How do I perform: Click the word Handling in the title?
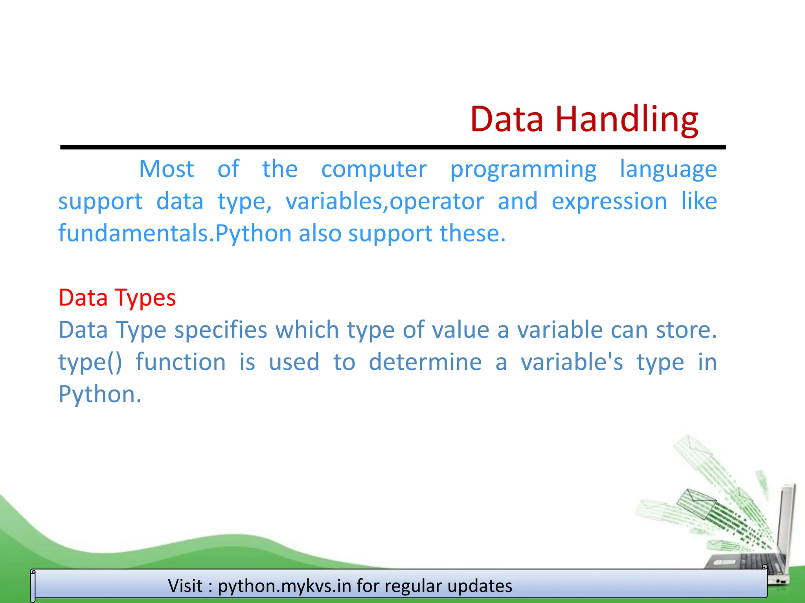[x=627, y=119]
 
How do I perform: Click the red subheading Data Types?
[x=117, y=298]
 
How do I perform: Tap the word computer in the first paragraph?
[x=374, y=169]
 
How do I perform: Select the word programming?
[x=523, y=170]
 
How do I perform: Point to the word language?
[x=668, y=170]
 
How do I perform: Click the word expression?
[x=609, y=202]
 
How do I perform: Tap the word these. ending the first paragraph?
[x=472, y=233]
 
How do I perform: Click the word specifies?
[x=221, y=330]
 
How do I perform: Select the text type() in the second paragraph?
[x=90, y=362]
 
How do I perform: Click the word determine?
[x=425, y=362]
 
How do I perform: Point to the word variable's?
[x=572, y=362]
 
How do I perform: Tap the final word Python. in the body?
[x=100, y=394]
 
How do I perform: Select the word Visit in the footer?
[x=186, y=586]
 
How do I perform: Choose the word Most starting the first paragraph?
[x=167, y=169]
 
